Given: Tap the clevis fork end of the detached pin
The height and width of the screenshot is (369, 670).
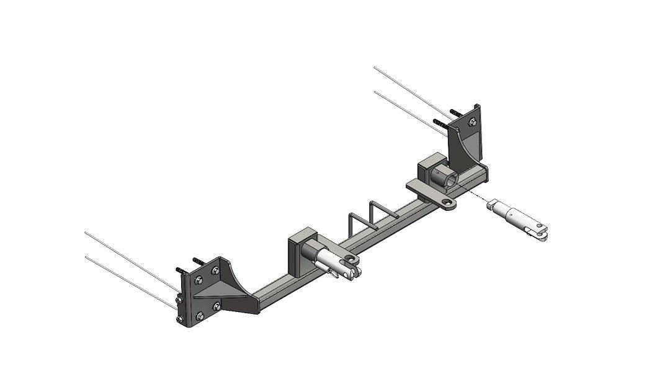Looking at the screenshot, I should pos(538,231).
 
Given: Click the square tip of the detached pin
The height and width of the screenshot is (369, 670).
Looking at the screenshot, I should pos(494,204).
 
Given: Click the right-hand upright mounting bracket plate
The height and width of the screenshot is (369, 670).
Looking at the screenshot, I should pos(474,143).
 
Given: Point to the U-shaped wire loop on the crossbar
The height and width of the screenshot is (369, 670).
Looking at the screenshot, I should pos(372,214).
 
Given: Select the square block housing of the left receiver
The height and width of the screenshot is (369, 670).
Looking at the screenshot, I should pos(301,254).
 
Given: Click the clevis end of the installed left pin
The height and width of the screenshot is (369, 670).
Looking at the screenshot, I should pos(349,270).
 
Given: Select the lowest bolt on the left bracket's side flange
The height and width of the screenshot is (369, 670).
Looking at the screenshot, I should pos(180,319).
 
